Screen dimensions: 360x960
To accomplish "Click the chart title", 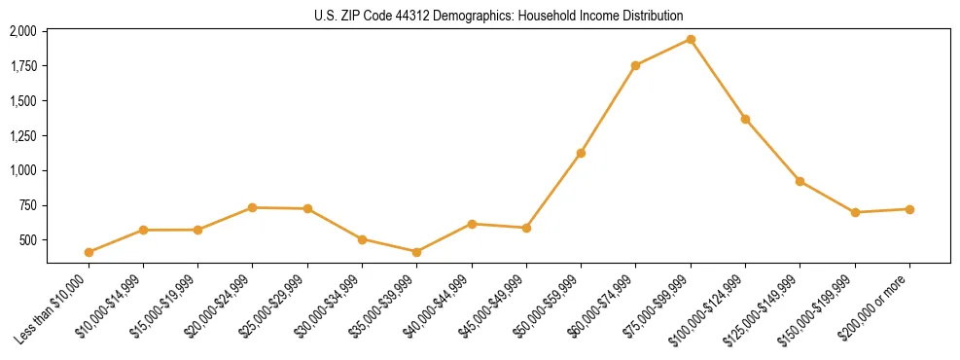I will [498, 16].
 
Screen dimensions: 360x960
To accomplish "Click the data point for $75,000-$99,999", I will [691, 39].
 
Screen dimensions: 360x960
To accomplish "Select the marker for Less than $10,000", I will [89, 252].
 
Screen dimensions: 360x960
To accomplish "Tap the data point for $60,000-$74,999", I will [635, 65].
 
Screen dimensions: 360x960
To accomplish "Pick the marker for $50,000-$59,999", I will [581, 153].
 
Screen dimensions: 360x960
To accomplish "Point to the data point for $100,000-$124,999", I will [745, 119].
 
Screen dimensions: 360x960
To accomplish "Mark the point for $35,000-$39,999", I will [416, 252].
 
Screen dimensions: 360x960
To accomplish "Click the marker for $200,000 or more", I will [909, 209].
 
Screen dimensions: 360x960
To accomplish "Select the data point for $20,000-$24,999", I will [253, 207].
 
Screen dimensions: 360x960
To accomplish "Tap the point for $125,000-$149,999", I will [800, 181].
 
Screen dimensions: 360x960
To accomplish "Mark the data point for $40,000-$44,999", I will [472, 224].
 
